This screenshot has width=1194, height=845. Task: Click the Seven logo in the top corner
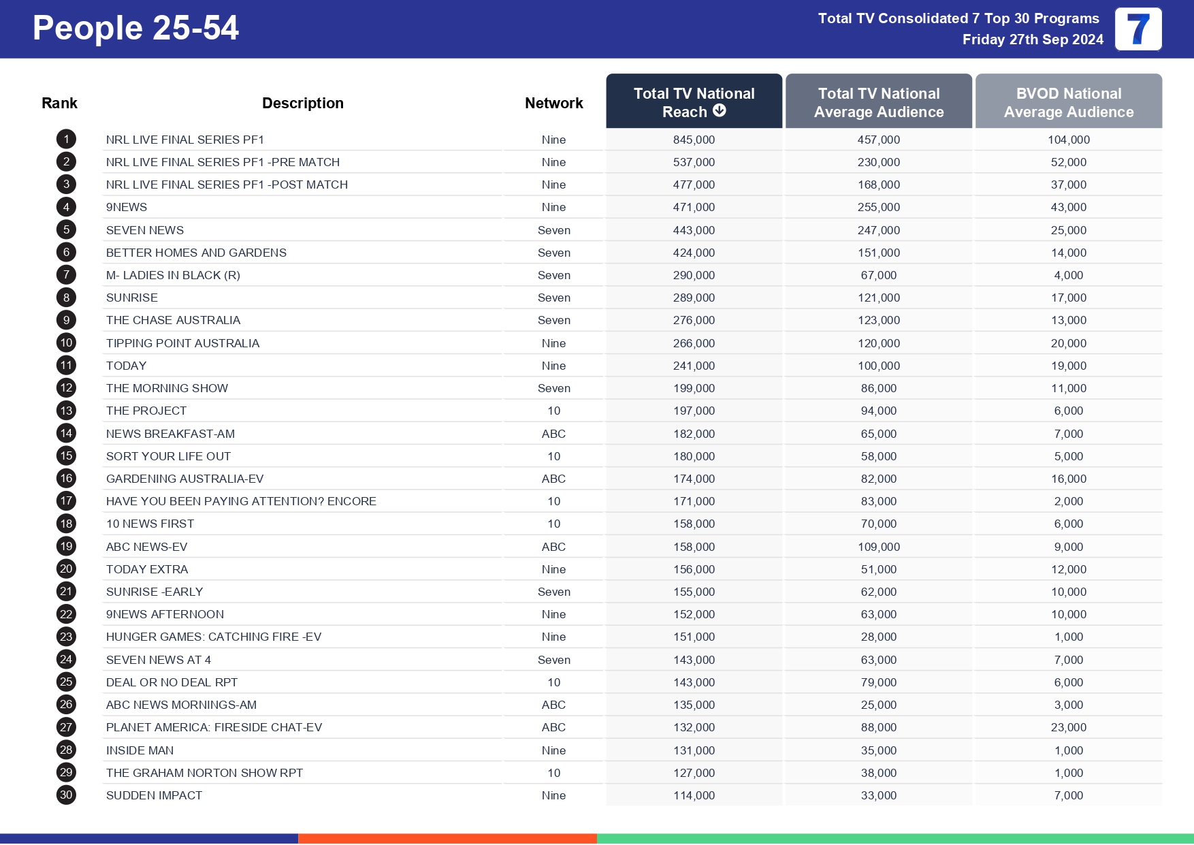pyautogui.click(x=1137, y=29)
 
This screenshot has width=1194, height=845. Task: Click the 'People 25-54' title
pyautogui.click(x=135, y=29)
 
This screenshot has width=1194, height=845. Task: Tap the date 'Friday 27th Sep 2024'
pyautogui.click(x=1032, y=39)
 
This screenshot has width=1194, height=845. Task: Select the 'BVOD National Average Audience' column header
pyautogui.click(x=1068, y=102)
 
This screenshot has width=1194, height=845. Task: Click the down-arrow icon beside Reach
pyautogui.click(x=720, y=110)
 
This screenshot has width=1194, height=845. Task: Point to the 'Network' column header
pyautogui.click(x=553, y=103)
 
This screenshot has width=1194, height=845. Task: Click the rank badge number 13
pyautogui.click(x=66, y=411)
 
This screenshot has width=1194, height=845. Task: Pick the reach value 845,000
pyautogui.click(x=694, y=140)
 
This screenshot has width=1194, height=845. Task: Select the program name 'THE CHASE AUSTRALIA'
pyautogui.click(x=173, y=320)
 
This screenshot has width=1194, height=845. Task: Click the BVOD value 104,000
pyautogui.click(x=1068, y=140)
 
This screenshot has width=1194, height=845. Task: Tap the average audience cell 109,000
pyautogui.click(x=878, y=547)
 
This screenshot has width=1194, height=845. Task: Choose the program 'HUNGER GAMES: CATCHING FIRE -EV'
pyautogui.click(x=213, y=637)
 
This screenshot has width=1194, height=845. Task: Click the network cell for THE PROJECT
pyautogui.click(x=553, y=411)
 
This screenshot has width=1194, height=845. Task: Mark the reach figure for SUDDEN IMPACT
pyautogui.click(x=694, y=795)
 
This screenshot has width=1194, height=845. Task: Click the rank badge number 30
pyautogui.click(x=66, y=795)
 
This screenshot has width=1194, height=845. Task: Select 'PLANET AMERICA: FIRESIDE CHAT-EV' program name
pyautogui.click(x=214, y=727)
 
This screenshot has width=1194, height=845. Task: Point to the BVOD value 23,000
pyautogui.click(x=1068, y=727)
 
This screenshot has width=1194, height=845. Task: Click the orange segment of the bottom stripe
pyautogui.click(x=447, y=838)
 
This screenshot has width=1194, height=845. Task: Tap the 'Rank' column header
pyautogui.click(x=59, y=103)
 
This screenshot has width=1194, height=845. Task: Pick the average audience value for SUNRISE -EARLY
pyautogui.click(x=878, y=592)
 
